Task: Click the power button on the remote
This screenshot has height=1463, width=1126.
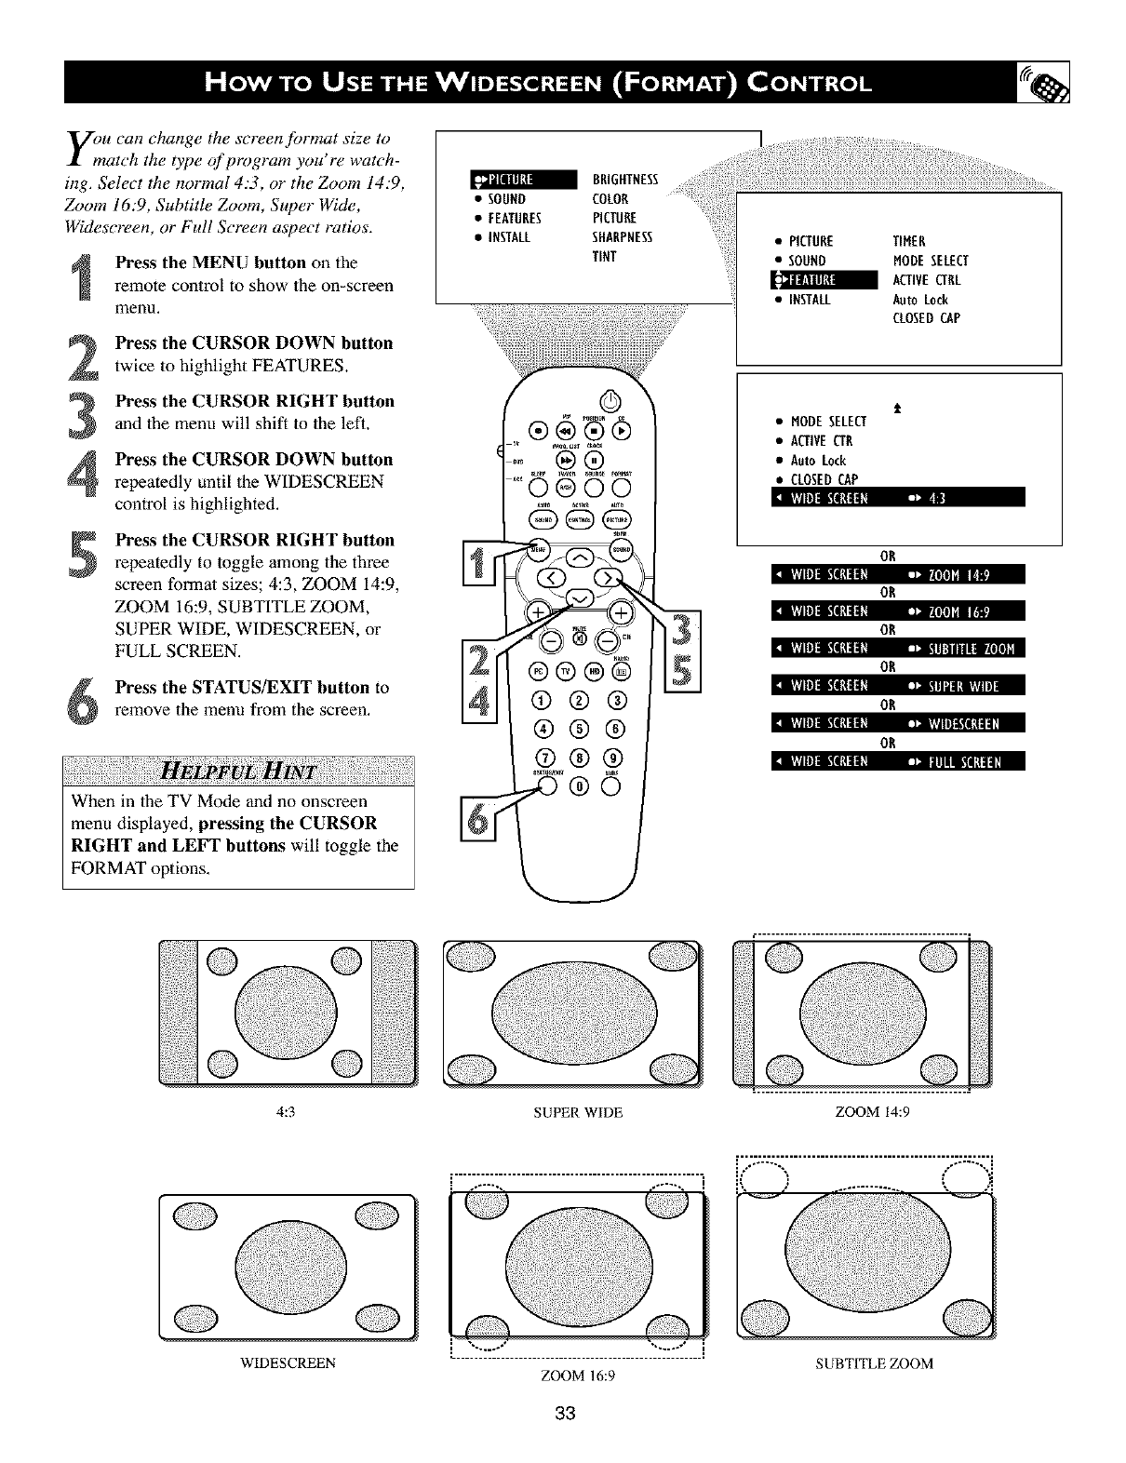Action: click(x=610, y=403)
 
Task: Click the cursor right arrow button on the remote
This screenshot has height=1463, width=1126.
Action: click(x=610, y=580)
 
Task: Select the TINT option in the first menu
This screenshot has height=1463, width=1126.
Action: click(x=605, y=257)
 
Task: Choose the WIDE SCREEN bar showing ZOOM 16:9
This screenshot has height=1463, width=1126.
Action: click(x=898, y=611)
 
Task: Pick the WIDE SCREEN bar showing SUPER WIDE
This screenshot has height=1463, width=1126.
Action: click(x=898, y=687)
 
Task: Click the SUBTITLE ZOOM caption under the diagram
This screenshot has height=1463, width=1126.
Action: click(x=874, y=1363)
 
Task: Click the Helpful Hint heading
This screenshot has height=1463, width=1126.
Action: click(x=238, y=772)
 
